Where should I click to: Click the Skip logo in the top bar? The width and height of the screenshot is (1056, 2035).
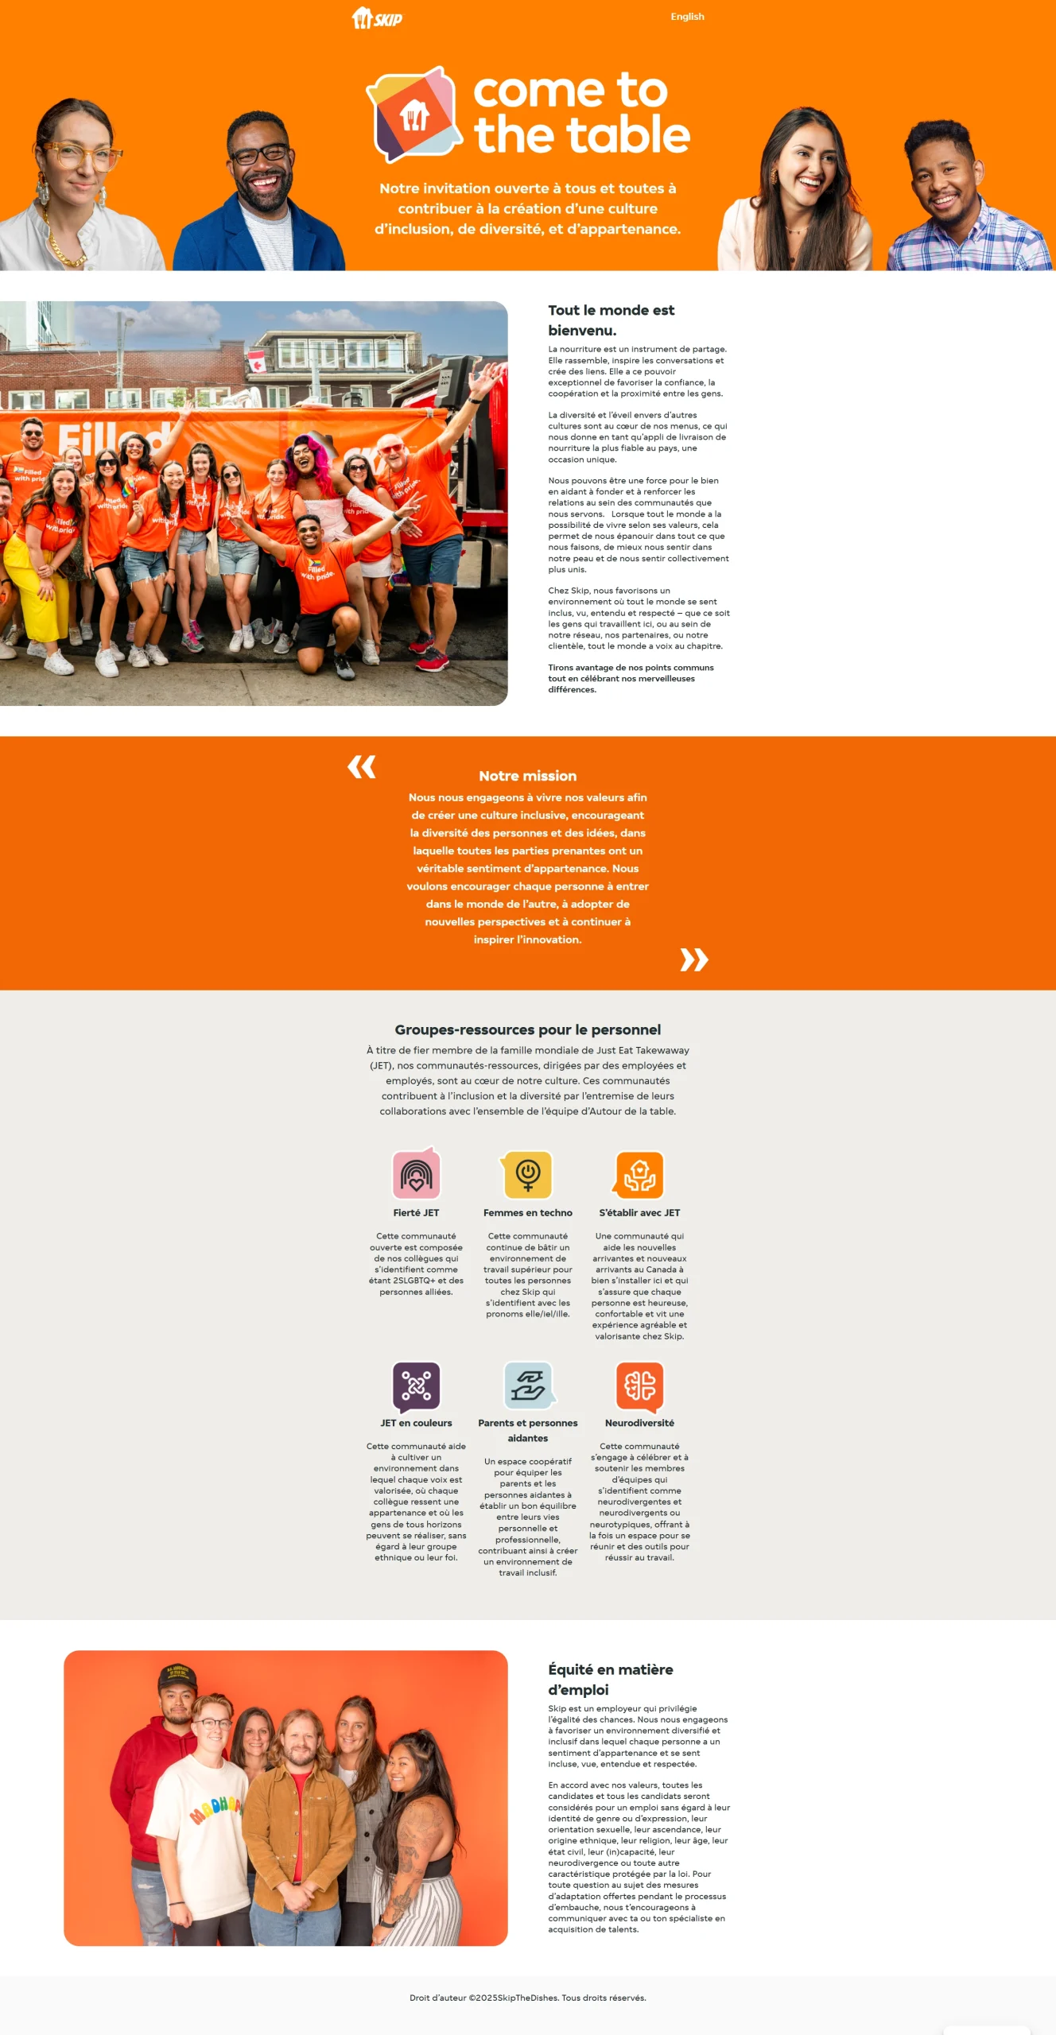(377, 17)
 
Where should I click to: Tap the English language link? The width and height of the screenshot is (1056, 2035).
(687, 17)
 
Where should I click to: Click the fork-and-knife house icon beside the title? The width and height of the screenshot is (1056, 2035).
(414, 115)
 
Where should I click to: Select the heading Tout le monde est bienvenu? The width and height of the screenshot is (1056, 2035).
(611, 320)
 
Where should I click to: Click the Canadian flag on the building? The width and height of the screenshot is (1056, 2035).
(256, 362)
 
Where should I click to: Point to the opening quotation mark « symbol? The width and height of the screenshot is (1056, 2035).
(362, 767)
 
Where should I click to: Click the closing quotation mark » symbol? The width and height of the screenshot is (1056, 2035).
(693, 959)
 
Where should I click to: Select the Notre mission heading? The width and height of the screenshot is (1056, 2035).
(527, 776)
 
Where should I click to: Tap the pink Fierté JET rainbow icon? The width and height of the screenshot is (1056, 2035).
(416, 1173)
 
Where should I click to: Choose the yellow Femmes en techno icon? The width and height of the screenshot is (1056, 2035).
(527, 1174)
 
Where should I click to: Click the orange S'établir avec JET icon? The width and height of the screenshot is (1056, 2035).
(639, 1175)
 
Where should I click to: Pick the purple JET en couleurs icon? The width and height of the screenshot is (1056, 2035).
(416, 1386)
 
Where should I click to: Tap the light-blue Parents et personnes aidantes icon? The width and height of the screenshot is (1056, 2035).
(528, 1386)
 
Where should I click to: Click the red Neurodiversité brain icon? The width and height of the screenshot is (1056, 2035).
(639, 1386)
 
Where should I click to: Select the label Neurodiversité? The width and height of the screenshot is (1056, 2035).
(639, 1423)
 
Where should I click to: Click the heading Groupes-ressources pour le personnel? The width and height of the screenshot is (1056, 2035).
(527, 1029)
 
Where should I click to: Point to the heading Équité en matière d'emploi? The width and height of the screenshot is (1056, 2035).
(610, 1679)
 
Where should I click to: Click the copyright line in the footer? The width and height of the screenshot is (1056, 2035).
(527, 1998)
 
